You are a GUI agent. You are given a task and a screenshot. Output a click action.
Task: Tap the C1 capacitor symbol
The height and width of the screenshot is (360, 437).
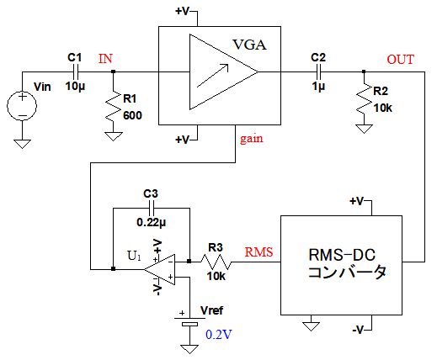[75, 72]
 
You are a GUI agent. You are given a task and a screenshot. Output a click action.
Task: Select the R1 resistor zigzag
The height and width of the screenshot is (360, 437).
[114, 107]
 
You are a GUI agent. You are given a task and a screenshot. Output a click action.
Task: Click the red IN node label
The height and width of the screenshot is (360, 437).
[105, 59]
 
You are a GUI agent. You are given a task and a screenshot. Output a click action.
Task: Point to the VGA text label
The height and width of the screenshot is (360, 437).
[249, 45]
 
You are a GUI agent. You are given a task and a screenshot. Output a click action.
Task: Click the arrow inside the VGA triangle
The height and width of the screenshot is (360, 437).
[213, 75]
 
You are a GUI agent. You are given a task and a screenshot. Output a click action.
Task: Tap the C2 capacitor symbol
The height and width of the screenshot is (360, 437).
[318, 72]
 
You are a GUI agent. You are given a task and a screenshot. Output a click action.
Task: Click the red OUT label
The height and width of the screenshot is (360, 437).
[400, 60]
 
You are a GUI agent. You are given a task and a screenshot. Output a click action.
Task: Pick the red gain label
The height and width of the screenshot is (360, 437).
[252, 139]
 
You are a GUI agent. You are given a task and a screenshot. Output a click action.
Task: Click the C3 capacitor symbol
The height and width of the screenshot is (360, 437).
[151, 209]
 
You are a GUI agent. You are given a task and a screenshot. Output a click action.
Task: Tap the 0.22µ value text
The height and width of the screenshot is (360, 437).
[151, 223]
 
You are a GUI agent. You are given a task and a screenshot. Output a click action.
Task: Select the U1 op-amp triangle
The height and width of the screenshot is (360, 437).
[160, 269]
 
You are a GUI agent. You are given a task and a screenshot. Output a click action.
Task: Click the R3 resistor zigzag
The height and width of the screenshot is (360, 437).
[216, 262]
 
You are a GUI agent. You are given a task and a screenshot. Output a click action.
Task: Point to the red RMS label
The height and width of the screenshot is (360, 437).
[258, 252]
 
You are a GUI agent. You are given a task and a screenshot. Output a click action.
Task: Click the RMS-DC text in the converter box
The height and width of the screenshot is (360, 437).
[342, 255]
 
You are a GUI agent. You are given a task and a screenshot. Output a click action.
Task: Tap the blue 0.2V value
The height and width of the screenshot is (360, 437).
[219, 335]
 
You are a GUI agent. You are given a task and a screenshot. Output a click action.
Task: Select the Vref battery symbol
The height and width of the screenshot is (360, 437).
[189, 321]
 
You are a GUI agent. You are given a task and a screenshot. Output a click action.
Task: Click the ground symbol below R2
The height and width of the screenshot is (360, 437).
[364, 130]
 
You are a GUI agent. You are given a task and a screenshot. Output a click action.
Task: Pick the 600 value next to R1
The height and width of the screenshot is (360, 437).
[132, 115]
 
